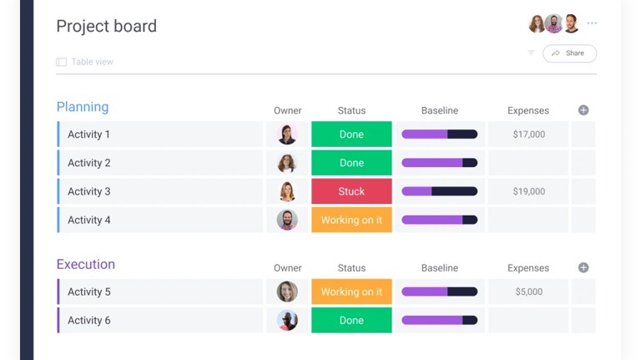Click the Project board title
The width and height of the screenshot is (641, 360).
[x=106, y=26]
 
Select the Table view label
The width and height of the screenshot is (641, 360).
[x=92, y=62]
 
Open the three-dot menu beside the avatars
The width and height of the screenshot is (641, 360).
[x=592, y=23]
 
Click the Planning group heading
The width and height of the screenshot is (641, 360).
[x=83, y=107]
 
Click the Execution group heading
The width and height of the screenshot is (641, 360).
[x=86, y=264]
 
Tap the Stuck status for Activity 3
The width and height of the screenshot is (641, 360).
[x=351, y=191]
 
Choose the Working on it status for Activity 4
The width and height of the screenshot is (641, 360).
[x=351, y=220]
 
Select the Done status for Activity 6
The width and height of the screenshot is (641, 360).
[x=351, y=320]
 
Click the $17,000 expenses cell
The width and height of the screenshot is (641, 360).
[x=528, y=134]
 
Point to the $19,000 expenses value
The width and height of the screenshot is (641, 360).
[x=528, y=191]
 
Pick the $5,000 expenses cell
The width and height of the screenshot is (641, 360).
[x=528, y=292]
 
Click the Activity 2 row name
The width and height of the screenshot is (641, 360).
[x=89, y=163]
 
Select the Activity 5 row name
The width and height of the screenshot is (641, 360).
[x=89, y=292]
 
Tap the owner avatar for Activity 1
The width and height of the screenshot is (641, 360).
[x=287, y=134]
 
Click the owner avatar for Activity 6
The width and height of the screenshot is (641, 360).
[x=287, y=320]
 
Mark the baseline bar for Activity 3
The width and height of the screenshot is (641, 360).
[x=439, y=191]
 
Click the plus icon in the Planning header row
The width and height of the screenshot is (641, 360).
[x=583, y=110]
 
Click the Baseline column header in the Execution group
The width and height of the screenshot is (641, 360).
[x=439, y=268]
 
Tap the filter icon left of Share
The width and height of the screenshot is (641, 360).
[x=531, y=53]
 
